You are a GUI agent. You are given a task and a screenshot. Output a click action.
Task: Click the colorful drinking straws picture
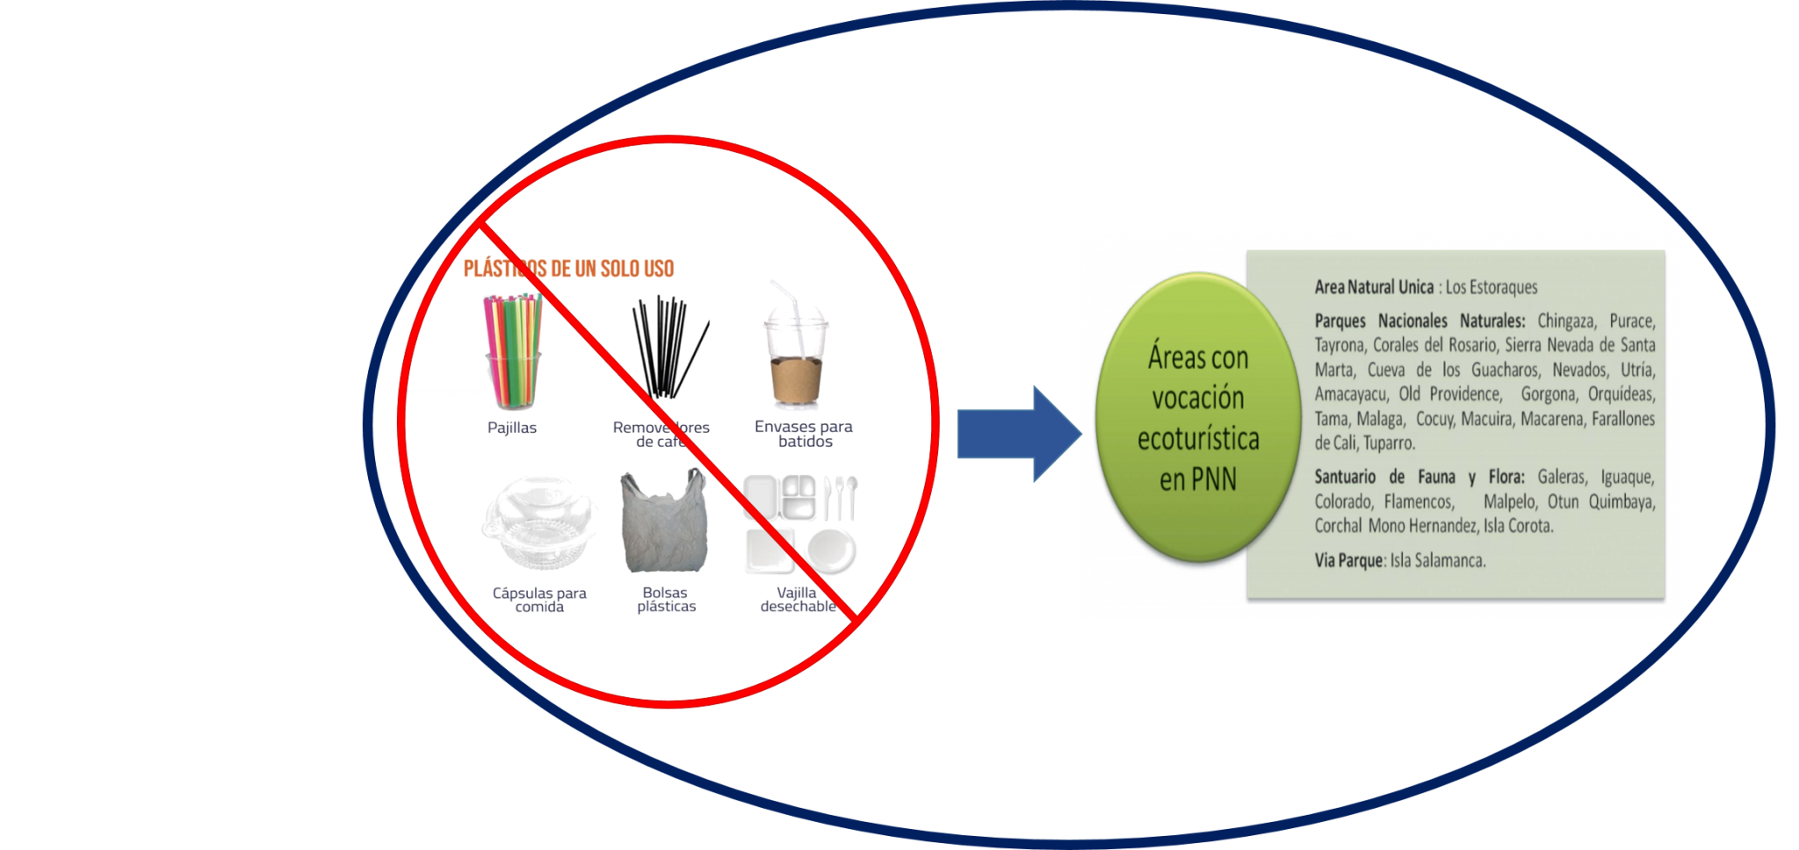click(513, 351)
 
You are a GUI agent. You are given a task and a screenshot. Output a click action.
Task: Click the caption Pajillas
click(512, 428)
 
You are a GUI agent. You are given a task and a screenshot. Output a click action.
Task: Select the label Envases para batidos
click(803, 434)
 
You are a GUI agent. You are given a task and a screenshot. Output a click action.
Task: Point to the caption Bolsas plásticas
click(666, 600)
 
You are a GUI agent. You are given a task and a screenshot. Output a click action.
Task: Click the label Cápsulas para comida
click(539, 600)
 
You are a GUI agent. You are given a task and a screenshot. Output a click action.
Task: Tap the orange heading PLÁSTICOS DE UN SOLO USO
click(568, 269)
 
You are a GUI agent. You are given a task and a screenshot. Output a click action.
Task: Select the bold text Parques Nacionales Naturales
click(1420, 321)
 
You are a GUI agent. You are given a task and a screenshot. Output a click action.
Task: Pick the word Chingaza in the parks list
click(1569, 321)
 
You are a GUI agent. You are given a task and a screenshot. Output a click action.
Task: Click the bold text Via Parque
click(1348, 560)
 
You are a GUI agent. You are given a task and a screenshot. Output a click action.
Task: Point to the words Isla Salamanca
click(1438, 560)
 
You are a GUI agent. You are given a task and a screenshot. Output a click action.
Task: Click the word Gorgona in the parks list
click(1548, 394)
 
